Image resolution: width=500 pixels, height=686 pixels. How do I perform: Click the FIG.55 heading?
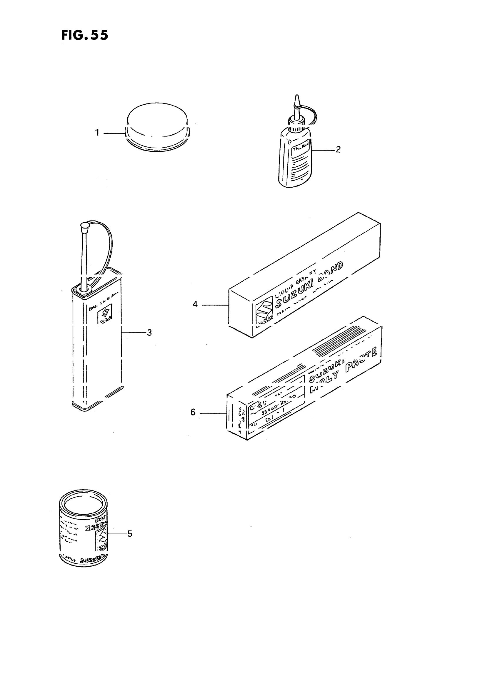click(x=84, y=35)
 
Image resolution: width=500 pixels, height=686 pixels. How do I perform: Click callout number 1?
click(x=97, y=133)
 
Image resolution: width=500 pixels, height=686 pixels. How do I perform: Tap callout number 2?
click(x=338, y=149)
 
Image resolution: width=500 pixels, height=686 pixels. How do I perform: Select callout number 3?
click(x=149, y=333)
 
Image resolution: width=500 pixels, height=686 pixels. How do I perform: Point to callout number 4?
click(x=195, y=304)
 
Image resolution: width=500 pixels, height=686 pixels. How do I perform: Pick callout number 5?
click(x=129, y=534)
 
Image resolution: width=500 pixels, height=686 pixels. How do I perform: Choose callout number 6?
click(x=193, y=413)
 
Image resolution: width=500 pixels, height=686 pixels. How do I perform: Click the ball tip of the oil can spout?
click(x=84, y=225)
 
